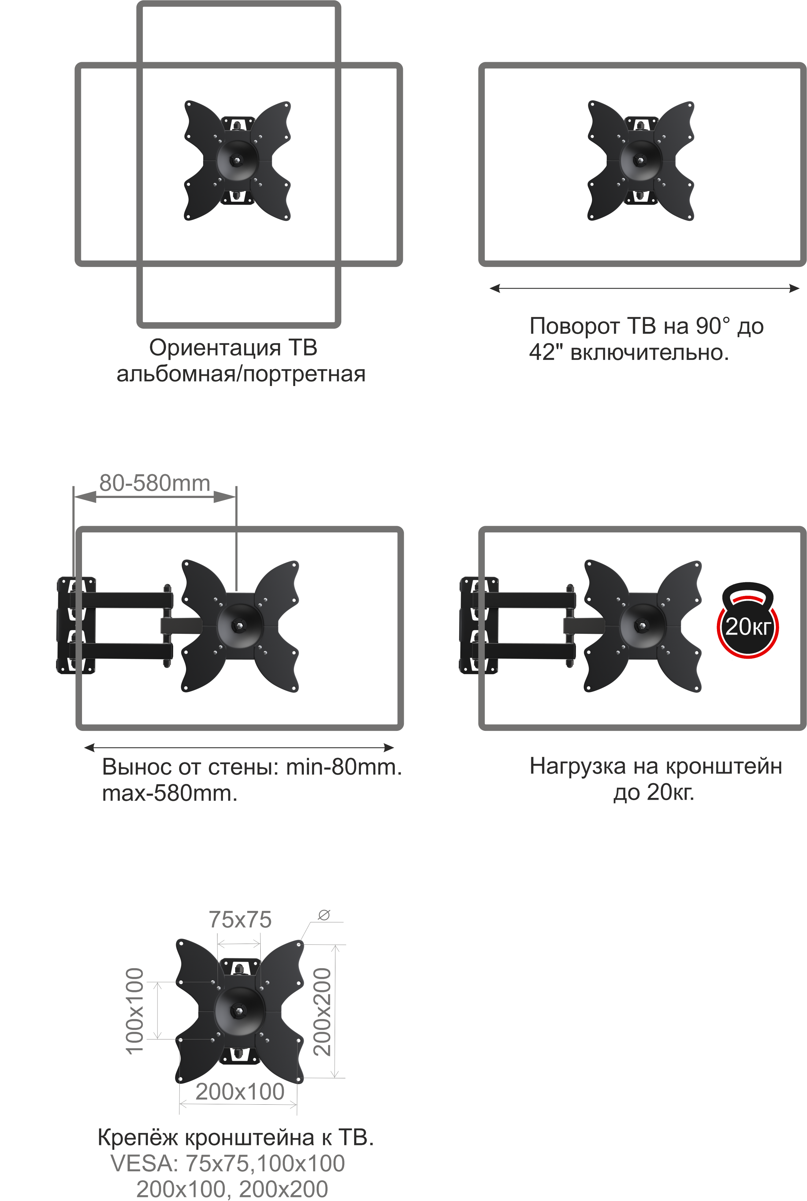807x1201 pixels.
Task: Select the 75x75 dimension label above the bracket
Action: [240, 919]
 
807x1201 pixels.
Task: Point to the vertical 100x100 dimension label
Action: [135, 1011]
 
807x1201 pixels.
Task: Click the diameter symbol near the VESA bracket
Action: [324, 914]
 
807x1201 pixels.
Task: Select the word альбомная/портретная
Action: [241, 374]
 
